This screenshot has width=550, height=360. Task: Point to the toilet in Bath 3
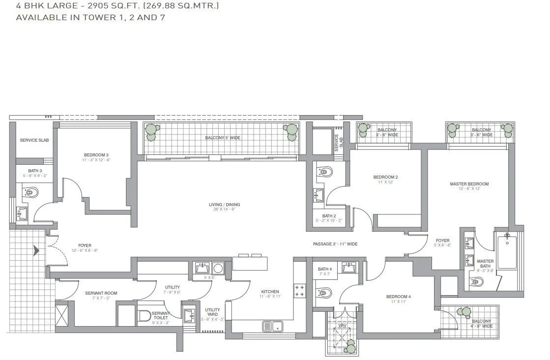(x=31, y=193)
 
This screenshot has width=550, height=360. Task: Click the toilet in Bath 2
(x=325, y=172)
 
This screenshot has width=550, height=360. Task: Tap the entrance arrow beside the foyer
(x=35, y=251)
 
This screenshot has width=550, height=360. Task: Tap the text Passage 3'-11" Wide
(x=335, y=244)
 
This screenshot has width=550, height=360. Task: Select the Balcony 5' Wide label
(x=223, y=138)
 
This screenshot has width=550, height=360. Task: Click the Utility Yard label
(x=212, y=313)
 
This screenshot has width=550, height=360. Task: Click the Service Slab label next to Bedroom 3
(x=34, y=140)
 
